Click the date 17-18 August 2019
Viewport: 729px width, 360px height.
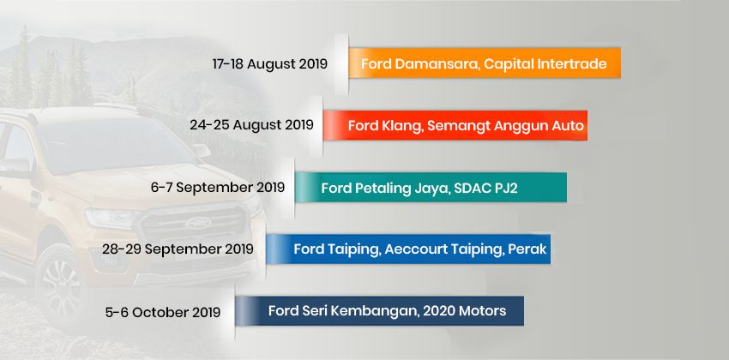(270, 64)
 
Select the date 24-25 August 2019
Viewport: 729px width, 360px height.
(251, 125)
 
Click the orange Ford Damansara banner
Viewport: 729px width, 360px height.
(485, 64)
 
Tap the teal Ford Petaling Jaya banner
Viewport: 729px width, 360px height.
(431, 187)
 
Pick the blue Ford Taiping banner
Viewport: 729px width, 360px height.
(407, 249)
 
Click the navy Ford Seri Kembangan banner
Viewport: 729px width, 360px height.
(380, 311)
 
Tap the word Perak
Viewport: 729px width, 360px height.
(524, 249)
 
